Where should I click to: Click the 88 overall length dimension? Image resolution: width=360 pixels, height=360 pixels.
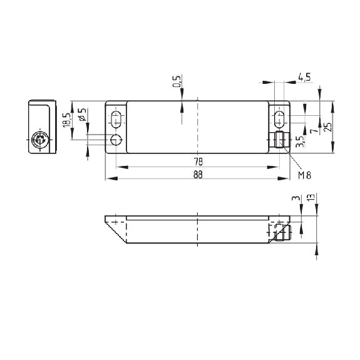(x=198, y=175)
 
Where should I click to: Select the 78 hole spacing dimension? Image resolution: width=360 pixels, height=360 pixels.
(x=198, y=162)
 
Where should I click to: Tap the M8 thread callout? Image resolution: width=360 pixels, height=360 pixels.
(x=305, y=175)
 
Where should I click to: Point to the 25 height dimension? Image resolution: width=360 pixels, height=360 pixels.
(x=328, y=126)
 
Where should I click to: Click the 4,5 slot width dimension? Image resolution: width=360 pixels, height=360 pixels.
(x=304, y=77)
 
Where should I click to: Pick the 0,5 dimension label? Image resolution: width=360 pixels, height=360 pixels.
(x=177, y=81)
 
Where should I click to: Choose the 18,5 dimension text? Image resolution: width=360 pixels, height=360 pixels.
(x=67, y=120)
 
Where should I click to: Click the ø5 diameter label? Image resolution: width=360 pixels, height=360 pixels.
(x=83, y=114)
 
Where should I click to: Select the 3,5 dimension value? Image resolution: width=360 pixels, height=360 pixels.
(x=300, y=141)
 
